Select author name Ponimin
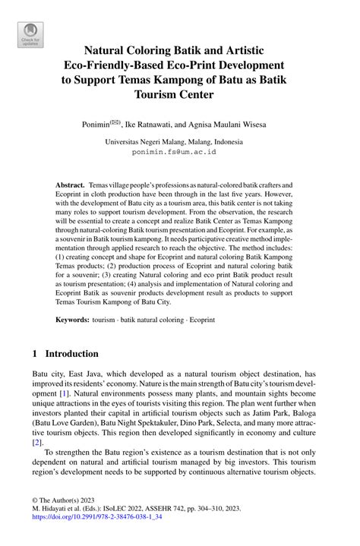96,122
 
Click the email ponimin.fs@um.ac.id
174,152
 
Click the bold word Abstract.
70,185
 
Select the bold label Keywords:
72,321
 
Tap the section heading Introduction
71,354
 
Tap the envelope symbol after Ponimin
115,120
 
